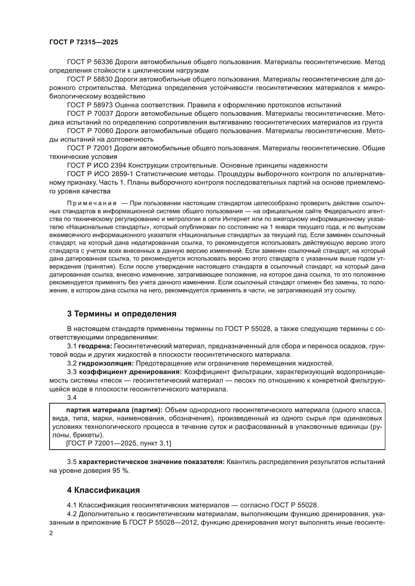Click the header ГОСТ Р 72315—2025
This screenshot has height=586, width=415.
[x=84, y=42]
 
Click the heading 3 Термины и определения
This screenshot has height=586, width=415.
[x=122, y=314]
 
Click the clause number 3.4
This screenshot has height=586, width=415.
[x=72, y=398]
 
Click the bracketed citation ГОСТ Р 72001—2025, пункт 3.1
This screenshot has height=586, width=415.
[x=119, y=443]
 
